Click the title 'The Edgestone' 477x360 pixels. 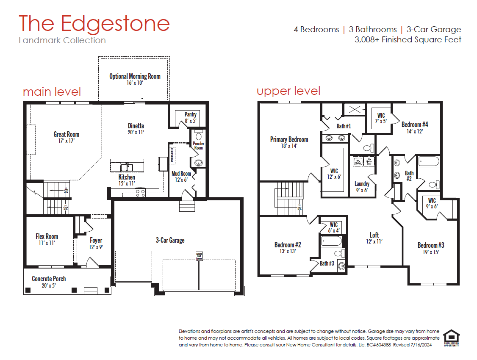(94, 23)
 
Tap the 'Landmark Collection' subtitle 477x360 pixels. (62, 41)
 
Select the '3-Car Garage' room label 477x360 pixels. (170, 240)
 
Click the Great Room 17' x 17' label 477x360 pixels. (66, 137)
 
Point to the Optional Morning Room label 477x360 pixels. (135, 79)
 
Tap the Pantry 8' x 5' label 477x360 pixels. (190, 117)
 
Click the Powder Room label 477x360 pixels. (198, 146)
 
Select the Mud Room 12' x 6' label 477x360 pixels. (181, 176)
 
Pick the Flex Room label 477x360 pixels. (47, 239)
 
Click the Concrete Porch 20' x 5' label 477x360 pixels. (49, 282)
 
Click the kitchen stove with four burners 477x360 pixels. (140, 193)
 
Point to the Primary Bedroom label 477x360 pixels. (289, 142)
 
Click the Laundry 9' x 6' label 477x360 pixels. (362, 187)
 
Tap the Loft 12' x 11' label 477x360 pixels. (374, 238)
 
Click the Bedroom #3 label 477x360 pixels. (431, 248)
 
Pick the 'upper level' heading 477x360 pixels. (288, 91)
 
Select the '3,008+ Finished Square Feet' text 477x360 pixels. (408, 40)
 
